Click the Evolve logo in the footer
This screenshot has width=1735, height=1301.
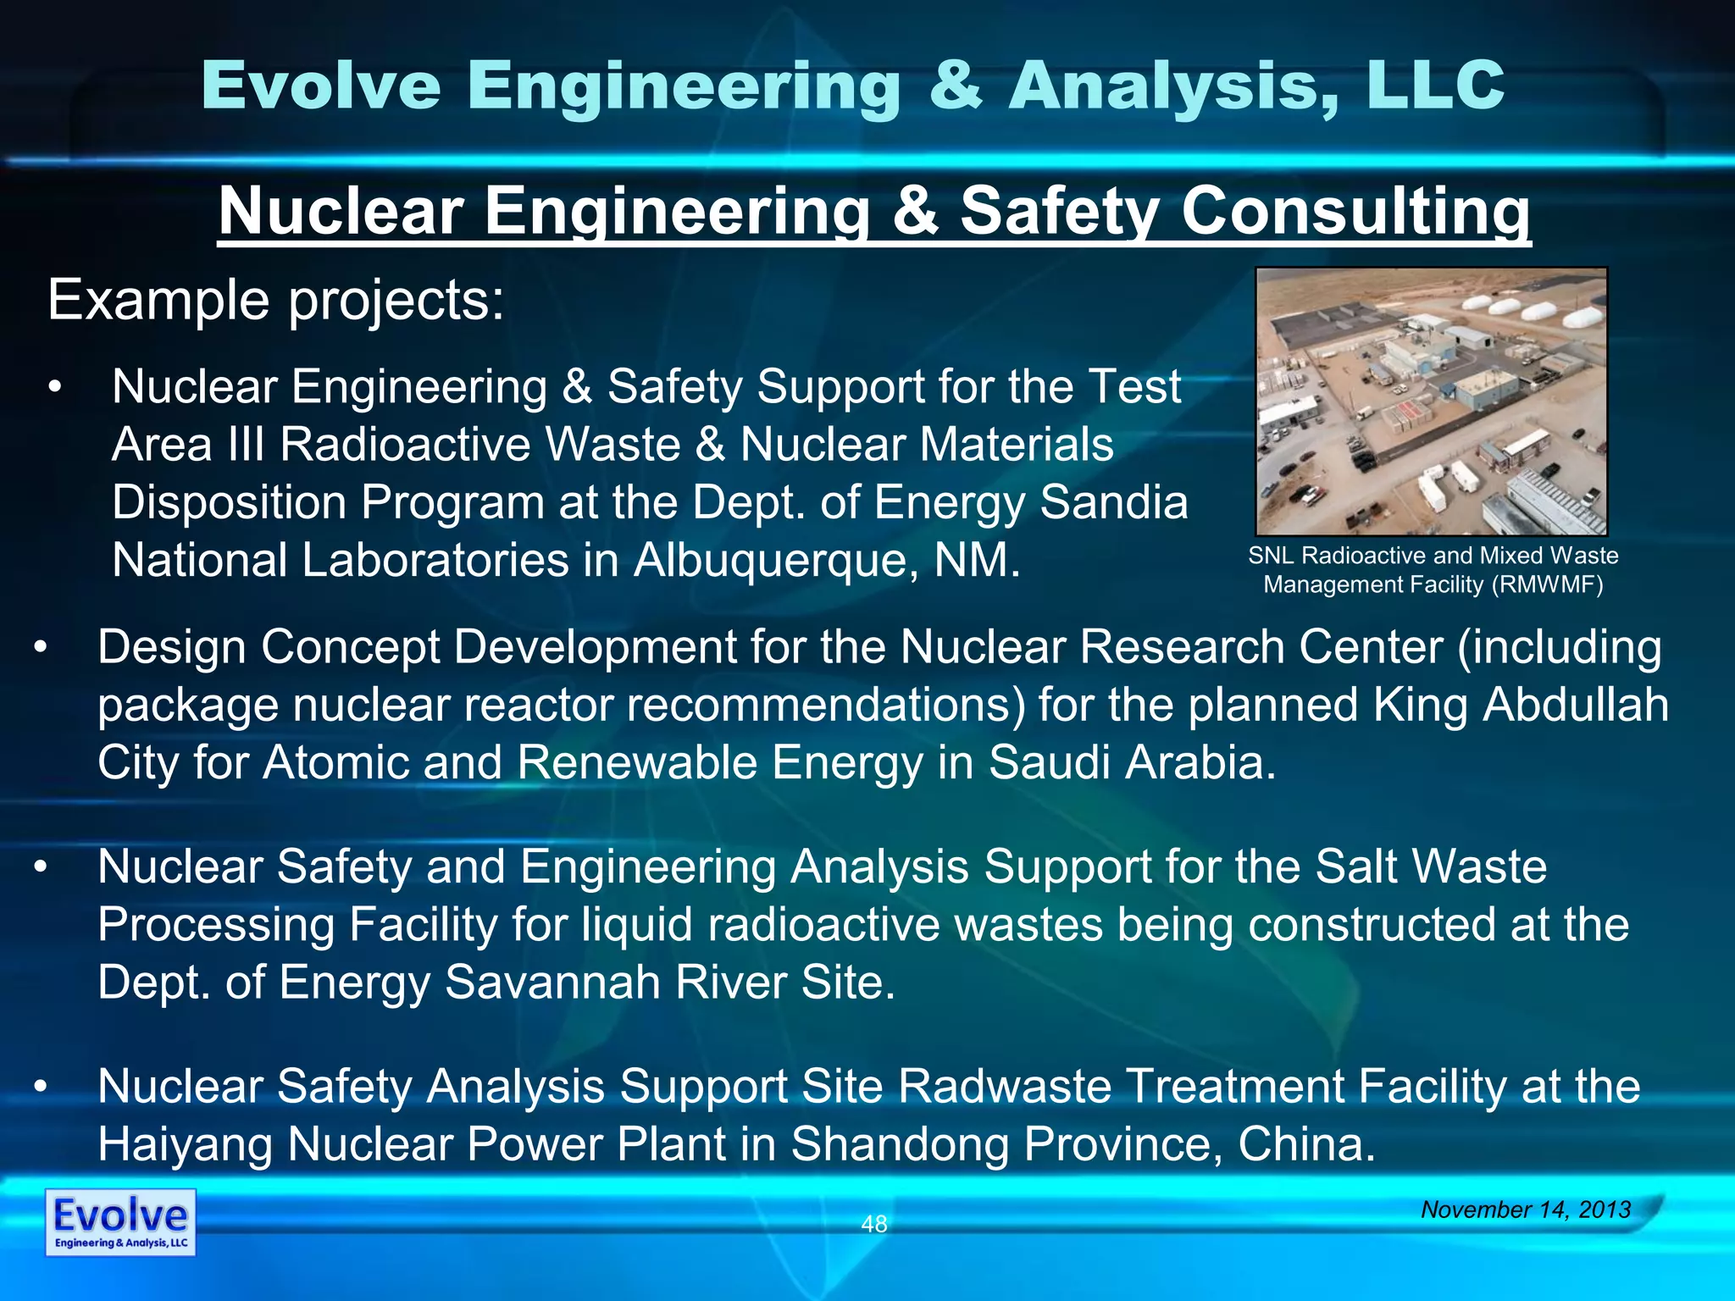120,1221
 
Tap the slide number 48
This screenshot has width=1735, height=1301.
873,1224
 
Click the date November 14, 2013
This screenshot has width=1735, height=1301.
1526,1210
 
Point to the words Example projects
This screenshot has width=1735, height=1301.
276,301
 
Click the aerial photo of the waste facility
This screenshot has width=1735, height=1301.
1431,402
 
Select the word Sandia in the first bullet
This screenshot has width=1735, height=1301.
1113,502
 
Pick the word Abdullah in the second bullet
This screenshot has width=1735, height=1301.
1575,705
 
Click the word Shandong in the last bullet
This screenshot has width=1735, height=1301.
899,1144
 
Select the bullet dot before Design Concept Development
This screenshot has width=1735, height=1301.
41,649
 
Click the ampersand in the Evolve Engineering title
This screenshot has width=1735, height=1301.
956,86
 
